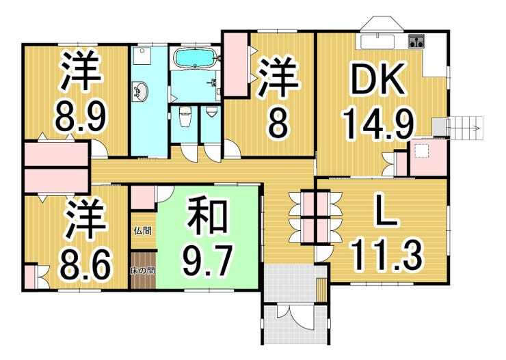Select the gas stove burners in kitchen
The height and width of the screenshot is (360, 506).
416,41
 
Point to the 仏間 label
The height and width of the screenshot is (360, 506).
143,231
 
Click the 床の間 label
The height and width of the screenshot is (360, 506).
142,270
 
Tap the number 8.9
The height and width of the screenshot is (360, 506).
81,118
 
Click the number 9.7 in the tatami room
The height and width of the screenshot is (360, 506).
207,260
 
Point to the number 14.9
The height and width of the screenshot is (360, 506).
378,124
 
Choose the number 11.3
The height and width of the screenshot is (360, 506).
387,256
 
